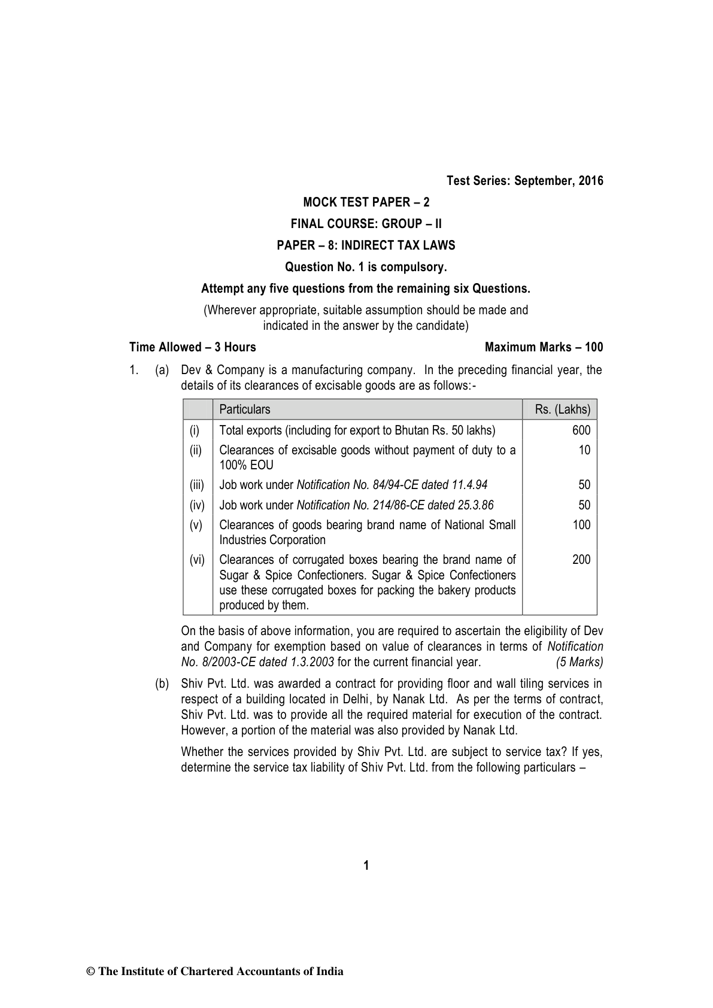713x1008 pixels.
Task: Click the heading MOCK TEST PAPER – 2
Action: point(366,202)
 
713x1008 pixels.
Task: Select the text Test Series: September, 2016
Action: point(525,181)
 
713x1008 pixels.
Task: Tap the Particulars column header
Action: point(245,409)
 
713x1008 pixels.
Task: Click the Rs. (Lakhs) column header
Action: point(563,409)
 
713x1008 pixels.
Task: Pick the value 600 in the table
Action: point(581,430)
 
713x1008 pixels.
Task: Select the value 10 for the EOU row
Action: point(584,450)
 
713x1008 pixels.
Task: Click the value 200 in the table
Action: point(581,560)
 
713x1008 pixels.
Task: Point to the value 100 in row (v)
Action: point(581,525)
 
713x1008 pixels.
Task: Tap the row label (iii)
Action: point(197,485)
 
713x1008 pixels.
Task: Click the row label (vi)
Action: point(197,560)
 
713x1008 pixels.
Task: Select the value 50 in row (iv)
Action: point(584,505)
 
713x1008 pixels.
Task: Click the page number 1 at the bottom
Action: point(366,866)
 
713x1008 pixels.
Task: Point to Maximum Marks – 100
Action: point(544,347)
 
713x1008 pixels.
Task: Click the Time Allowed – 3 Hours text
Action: point(193,347)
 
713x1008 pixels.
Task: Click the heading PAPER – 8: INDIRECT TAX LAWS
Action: point(366,245)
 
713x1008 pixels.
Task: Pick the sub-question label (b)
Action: point(162,684)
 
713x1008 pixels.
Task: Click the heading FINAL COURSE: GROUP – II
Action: point(366,224)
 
